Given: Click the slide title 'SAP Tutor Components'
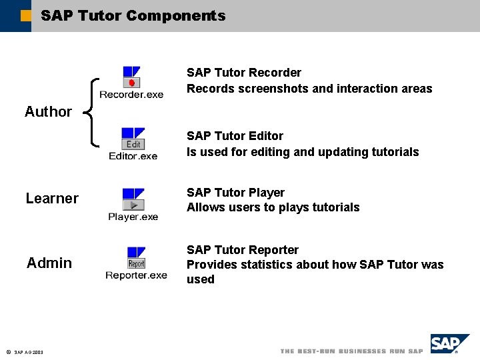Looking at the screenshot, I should pos(133,15).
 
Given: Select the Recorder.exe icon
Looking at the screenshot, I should pos(131,77).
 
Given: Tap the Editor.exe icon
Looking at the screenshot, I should pos(133,139).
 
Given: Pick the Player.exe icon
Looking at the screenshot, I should pos(133,199).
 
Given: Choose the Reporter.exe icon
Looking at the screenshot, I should pos(136,258).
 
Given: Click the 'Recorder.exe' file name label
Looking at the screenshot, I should pos(131,95).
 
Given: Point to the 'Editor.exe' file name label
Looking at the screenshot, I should pos(133,156).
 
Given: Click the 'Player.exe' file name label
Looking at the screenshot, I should pos(133,217).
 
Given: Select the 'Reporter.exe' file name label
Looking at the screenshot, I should pos(136,275).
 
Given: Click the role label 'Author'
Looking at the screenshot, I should pos(48,112).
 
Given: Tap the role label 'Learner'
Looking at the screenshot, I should pos(52,199).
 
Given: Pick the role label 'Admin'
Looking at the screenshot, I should pos(49,263).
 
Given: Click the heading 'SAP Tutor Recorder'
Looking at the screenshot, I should pos(243,73).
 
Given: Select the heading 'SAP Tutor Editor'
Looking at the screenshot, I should pos(235,136).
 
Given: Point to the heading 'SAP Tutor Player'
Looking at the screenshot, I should pos(235,193).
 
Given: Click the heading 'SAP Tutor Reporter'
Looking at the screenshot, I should pos(243,250).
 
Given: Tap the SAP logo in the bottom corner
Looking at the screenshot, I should pos(448,345).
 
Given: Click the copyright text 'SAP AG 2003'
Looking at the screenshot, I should pos(28,352).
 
